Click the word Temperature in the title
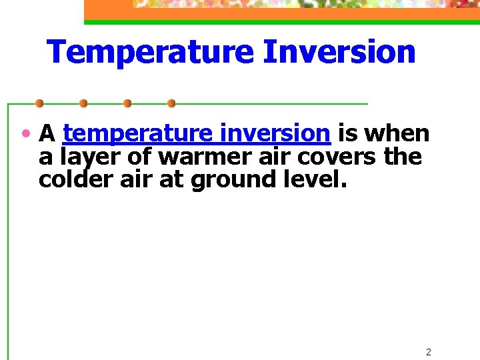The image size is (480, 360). tap(150, 52)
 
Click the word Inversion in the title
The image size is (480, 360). tap(339, 52)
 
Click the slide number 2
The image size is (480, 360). tap(429, 352)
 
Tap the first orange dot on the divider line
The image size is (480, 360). tap(39, 103)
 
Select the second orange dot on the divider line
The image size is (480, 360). tap(83, 103)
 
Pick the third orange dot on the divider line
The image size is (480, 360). tap(127, 103)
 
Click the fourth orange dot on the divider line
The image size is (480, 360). tap(171, 103)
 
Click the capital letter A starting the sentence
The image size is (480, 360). tap(47, 134)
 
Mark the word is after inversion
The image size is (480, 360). tap(347, 134)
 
